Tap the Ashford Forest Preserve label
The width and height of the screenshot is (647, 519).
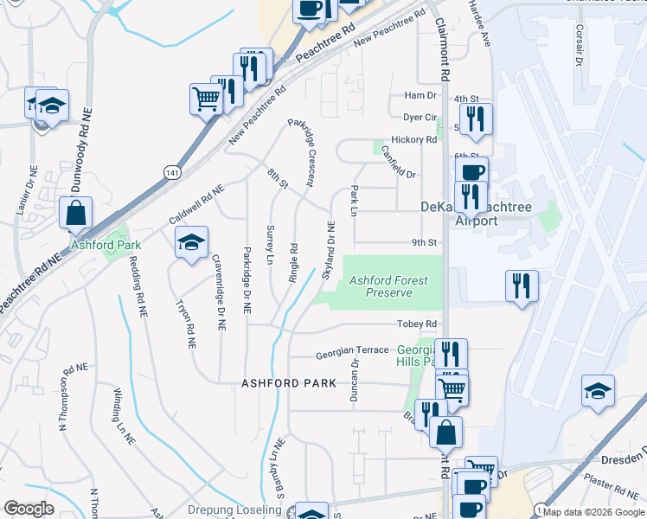click(x=388, y=286)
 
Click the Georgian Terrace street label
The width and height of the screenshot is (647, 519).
click(x=352, y=350)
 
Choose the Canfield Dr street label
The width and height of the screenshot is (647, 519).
click(x=398, y=161)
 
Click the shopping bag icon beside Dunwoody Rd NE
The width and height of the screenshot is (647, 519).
click(x=76, y=212)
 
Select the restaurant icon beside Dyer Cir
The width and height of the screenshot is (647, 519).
click(x=475, y=119)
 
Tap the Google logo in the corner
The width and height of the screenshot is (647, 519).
click(x=29, y=508)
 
